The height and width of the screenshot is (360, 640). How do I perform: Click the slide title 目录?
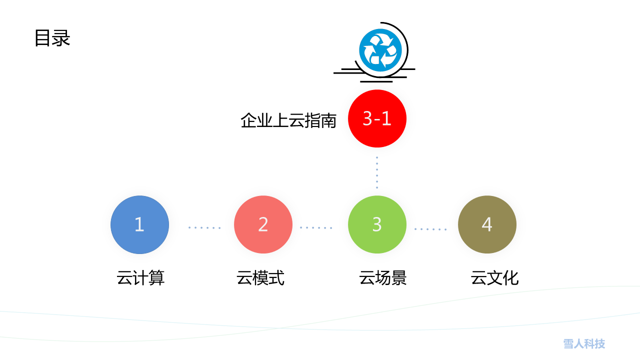pyautogui.click(x=52, y=38)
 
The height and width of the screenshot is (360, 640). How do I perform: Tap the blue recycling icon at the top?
pyautogui.click(x=380, y=50)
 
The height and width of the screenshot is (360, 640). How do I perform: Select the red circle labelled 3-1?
pyautogui.click(x=377, y=118)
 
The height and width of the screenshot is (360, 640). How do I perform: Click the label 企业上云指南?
pyautogui.click(x=288, y=120)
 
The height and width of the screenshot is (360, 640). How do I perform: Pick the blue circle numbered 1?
pyautogui.click(x=139, y=224)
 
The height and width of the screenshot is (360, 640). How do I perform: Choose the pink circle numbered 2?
pyautogui.click(x=263, y=224)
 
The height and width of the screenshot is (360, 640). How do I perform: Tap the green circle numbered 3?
pyautogui.click(x=377, y=224)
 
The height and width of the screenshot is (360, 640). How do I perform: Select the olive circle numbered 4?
pyautogui.click(x=487, y=224)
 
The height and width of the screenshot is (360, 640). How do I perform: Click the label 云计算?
pyautogui.click(x=140, y=277)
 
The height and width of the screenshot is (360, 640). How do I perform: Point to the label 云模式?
pyautogui.click(x=260, y=277)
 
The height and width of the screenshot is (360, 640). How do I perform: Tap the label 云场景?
pyautogui.click(x=383, y=277)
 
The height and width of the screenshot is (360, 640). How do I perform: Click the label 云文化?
pyautogui.click(x=494, y=277)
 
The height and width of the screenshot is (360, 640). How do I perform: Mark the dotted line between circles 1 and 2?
pyautogui.click(x=204, y=227)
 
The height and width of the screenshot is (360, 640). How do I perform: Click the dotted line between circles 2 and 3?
pyautogui.click(x=316, y=227)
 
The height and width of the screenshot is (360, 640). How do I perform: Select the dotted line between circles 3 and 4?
pyautogui.click(x=430, y=229)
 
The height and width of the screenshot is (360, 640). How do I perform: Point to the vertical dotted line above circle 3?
pyautogui.click(x=377, y=172)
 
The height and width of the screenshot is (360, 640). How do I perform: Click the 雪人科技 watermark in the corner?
pyautogui.click(x=584, y=343)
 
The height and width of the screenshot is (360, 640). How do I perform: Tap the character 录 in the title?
pyautogui.click(x=61, y=38)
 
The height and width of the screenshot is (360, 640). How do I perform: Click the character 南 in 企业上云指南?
pyautogui.click(x=328, y=120)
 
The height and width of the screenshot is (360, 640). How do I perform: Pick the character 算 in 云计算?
pyautogui.click(x=157, y=277)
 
